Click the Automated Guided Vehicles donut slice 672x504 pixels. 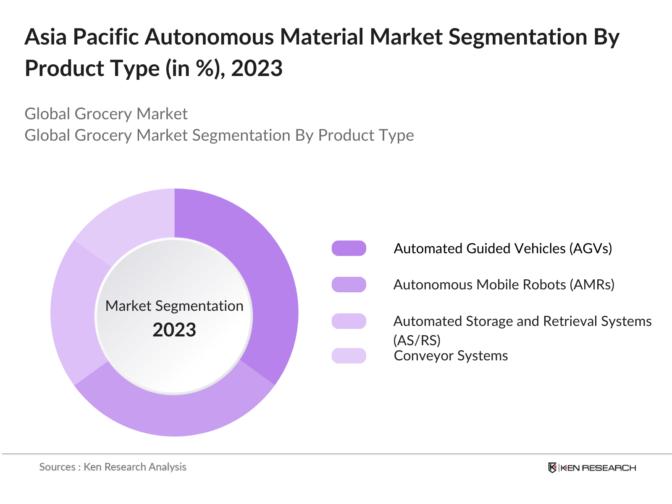[269, 286]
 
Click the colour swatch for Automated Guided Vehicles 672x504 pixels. [349, 248]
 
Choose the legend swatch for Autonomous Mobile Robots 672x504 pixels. [349, 285]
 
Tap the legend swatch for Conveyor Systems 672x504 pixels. [349, 356]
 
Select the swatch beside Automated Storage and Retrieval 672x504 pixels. [349, 321]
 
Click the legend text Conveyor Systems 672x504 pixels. [451, 356]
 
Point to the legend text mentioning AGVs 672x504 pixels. [503, 248]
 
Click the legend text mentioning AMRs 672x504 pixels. [504, 285]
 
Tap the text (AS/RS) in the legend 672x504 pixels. [417, 339]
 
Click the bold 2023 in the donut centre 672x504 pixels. [174, 330]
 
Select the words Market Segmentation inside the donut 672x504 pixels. [174, 306]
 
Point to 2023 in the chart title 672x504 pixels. [257, 68]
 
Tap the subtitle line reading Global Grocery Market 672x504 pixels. [106, 114]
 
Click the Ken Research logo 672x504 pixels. [592, 467]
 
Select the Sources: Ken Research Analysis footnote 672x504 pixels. [113, 467]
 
